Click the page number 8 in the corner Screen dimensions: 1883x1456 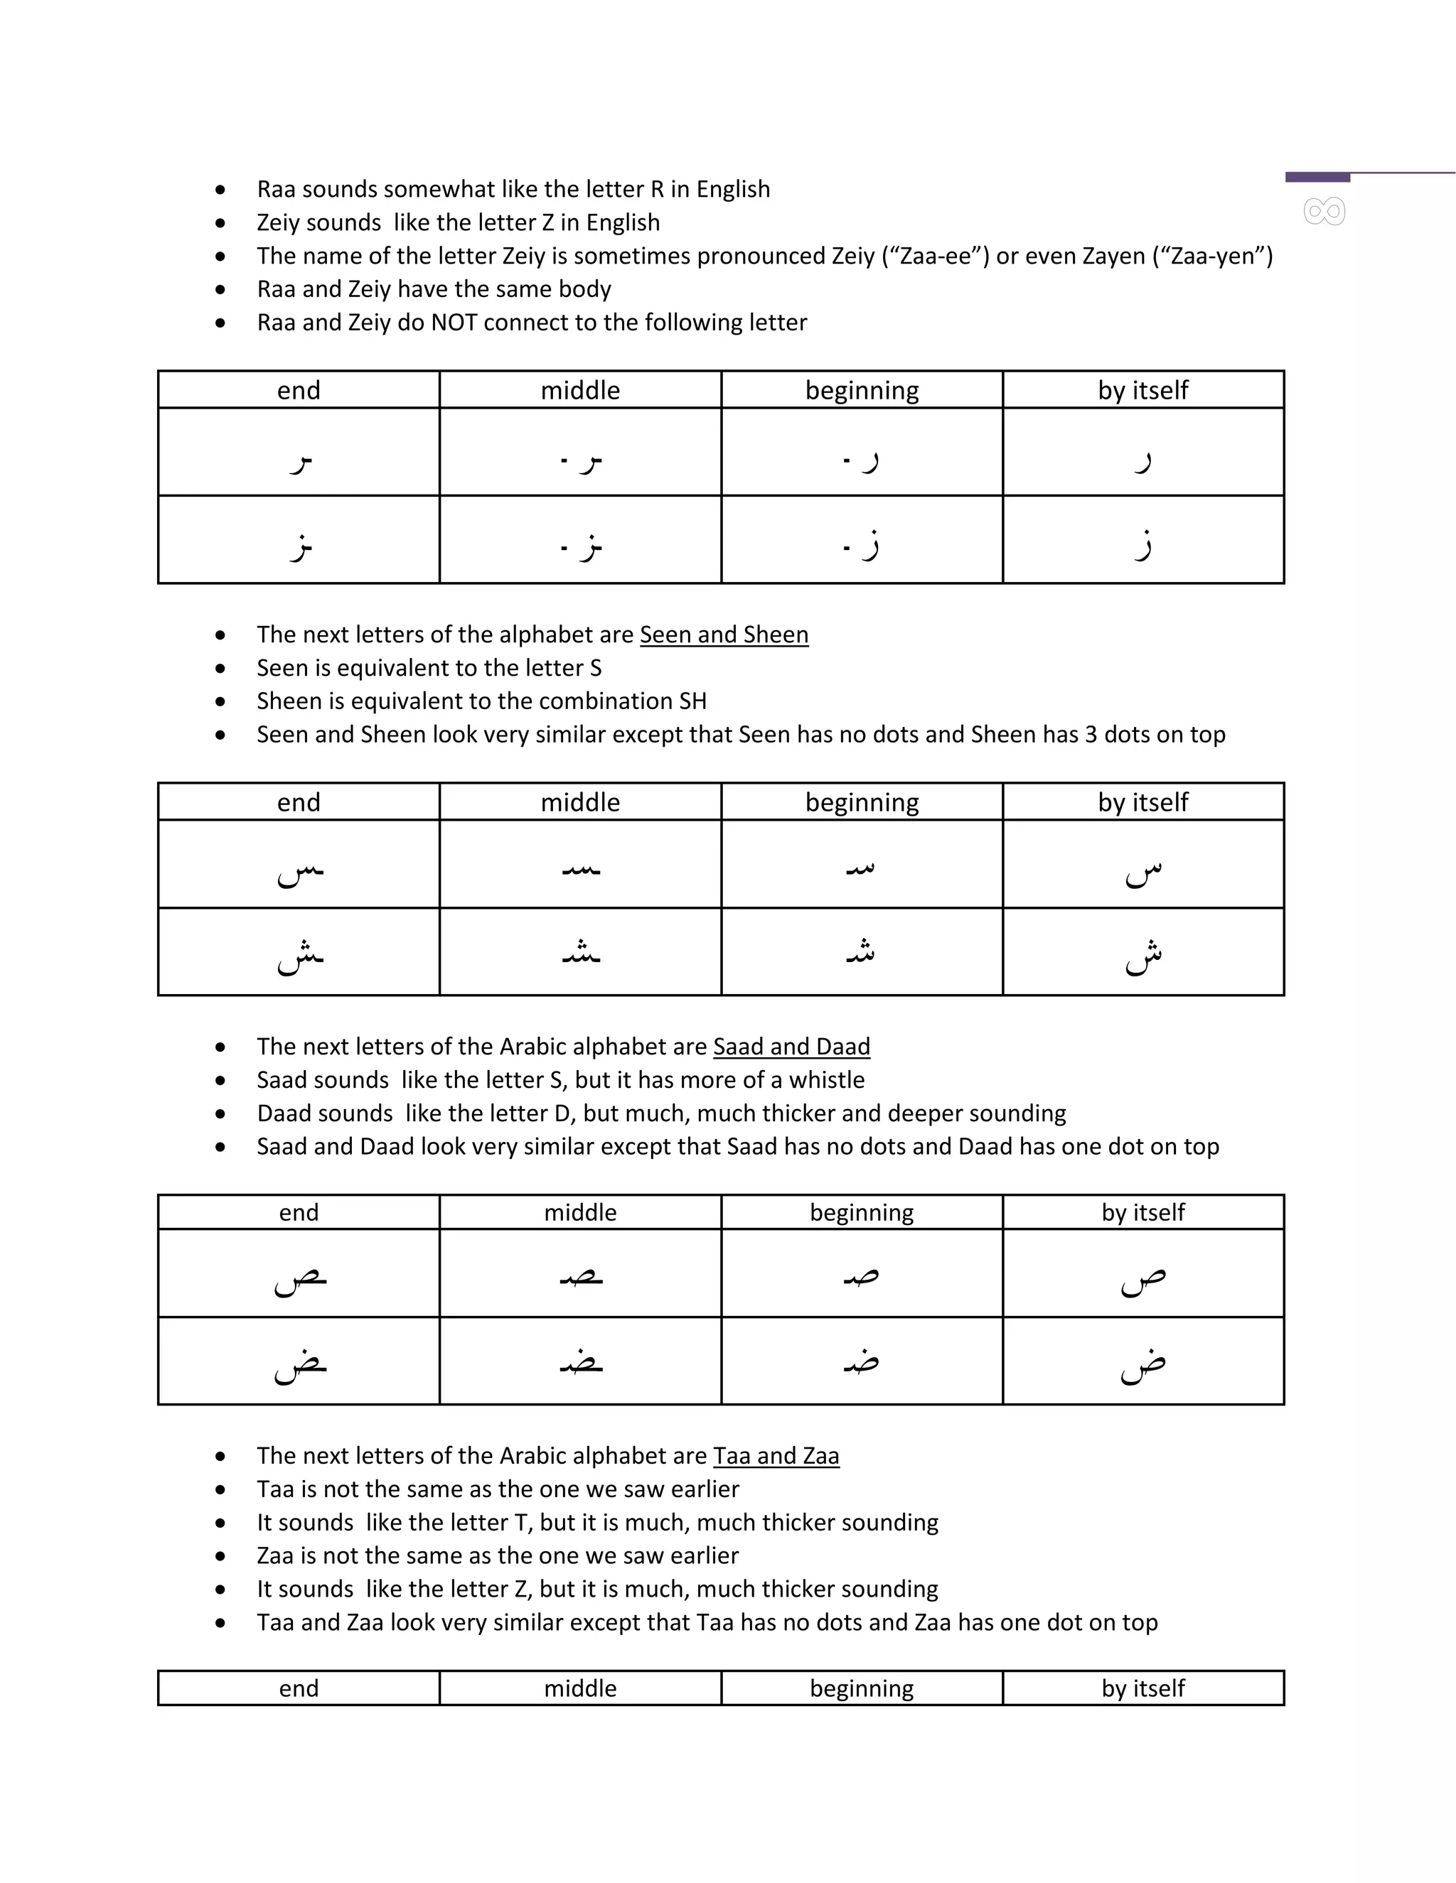click(1324, 211)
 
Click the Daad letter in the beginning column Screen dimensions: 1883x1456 click(862, 1361)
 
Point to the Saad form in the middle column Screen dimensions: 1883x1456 click(581, 1277)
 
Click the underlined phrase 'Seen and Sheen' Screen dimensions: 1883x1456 click(724, 635)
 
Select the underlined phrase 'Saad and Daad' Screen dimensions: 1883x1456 click(791, 1047)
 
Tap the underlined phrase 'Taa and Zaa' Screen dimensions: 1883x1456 click(776, 1456)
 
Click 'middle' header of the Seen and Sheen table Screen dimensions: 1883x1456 click(581, 803)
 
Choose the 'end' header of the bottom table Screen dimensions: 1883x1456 click(299, 1688)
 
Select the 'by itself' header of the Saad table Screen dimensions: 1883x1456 click(1143, 1213)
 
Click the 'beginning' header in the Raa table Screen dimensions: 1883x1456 click(862, 391)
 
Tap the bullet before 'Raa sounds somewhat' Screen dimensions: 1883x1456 click(221, 190)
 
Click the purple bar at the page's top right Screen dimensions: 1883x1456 click(1317, 178)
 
